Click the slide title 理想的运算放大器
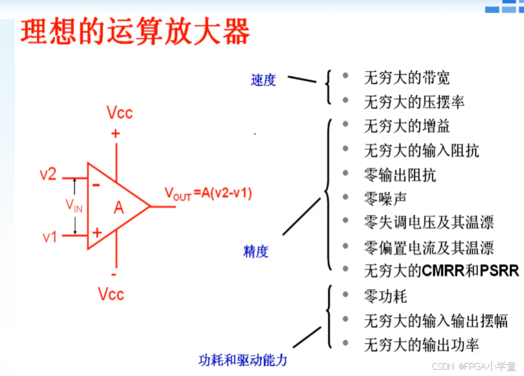[x=135, y=31]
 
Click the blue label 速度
[x=263, y=81]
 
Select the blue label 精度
[x=256, y=251]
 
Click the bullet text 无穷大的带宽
[x=406, y=78]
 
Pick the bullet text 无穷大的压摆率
[x=414, y=102]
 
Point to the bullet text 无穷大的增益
[x=406, y=126]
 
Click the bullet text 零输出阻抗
[x=400, y=175]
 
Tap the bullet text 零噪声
[x=385, y=199]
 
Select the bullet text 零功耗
[x=385, y=296]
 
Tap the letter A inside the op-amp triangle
[x=119, y=208]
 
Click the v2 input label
[x=48, y=175]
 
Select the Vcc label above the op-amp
[x=119, y=113]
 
